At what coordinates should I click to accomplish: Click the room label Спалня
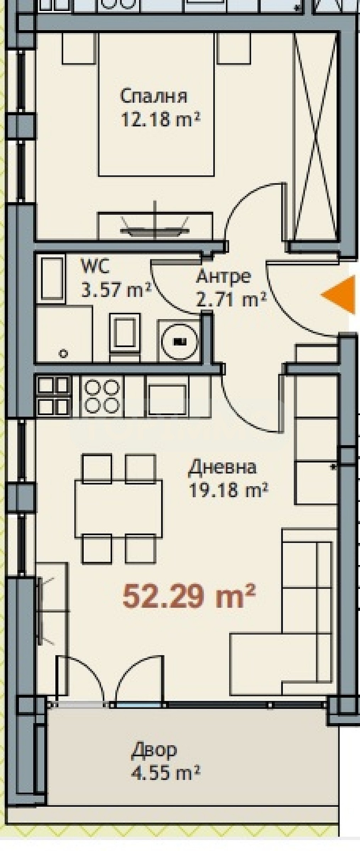click(x=154, y=96)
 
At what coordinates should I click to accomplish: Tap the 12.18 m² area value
click(x=161, y=119)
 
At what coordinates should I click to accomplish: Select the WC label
click(x=95, y=266)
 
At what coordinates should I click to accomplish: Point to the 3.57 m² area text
click(x=117, y=290)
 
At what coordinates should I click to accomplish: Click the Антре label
click(x=223, y=276)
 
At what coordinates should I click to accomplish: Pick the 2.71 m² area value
click(x=231, y=300)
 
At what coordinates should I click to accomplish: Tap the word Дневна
click(x=222, y=467)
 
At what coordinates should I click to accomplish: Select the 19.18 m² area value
click(x=228, y=491)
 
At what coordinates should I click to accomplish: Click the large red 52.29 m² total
click(x=189, y=596)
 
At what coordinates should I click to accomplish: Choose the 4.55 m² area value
click(x=166, y=773)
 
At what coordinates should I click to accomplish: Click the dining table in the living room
click(x=118, y=509)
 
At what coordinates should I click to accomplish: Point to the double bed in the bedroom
click(x=156, y=105)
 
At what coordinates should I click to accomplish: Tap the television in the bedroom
click(x=155, y=230)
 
